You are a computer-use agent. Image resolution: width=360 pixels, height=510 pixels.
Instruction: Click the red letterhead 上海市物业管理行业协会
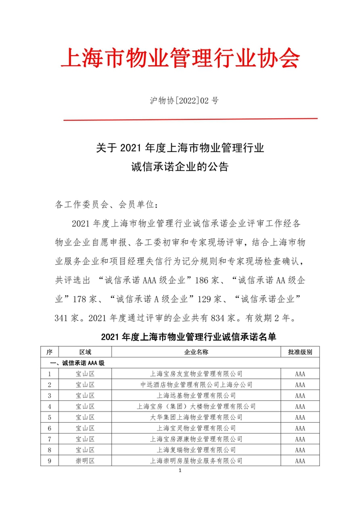click(x=179, y=59)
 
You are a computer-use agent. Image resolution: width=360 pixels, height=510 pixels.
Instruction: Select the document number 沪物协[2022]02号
click(x=184, y=100)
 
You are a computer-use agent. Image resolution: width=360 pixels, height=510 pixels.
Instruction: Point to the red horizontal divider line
click(x=190, y=119)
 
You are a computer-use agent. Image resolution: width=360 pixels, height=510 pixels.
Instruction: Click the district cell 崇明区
click(x=85, y=461)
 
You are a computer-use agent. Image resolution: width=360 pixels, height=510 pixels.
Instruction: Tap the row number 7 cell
click(x=49, y=439)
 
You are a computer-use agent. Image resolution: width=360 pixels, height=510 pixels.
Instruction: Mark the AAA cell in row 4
click(x=300, y=406)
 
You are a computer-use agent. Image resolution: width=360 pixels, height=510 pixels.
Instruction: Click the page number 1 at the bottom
click(x=181, y=470)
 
